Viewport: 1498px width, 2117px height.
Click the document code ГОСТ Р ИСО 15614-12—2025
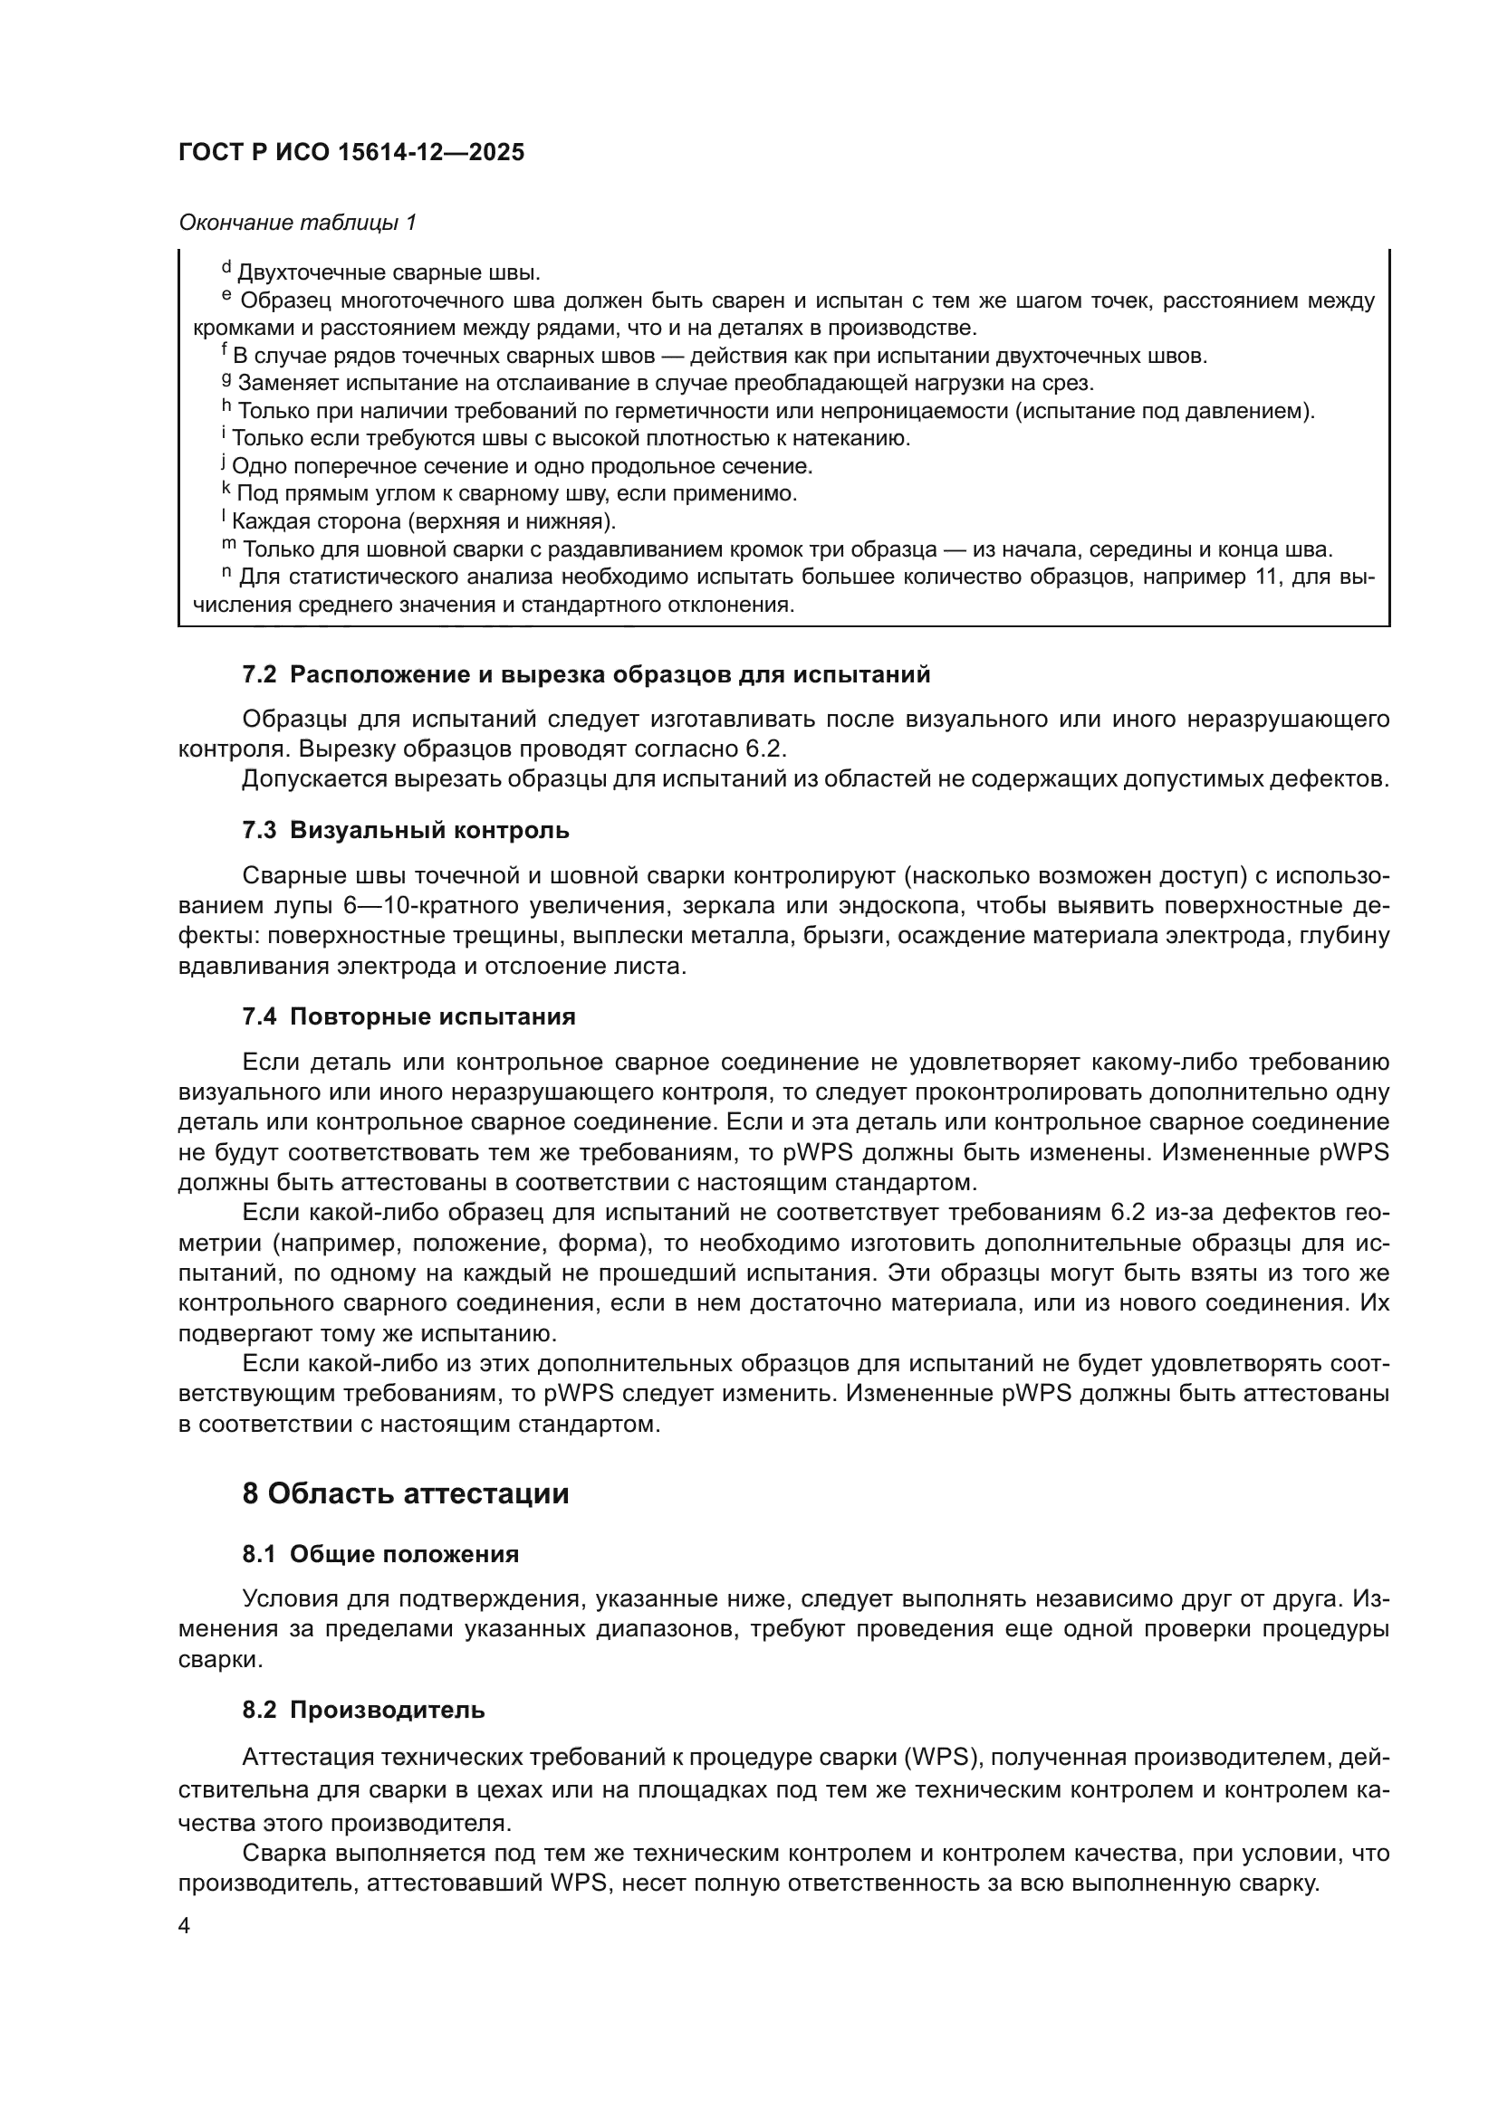click(x=351, y=153)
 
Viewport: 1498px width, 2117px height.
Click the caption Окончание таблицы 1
click(x=297, y=223)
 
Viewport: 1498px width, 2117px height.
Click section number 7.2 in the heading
click(x=259, y=675)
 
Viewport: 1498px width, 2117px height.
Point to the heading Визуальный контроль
click(x=429, y=831)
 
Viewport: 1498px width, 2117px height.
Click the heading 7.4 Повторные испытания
click(x=408, y=1017)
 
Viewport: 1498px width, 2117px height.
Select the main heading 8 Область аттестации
click(x=405, y=1493)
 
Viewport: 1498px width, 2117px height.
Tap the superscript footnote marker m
click(x=229, y=545)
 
